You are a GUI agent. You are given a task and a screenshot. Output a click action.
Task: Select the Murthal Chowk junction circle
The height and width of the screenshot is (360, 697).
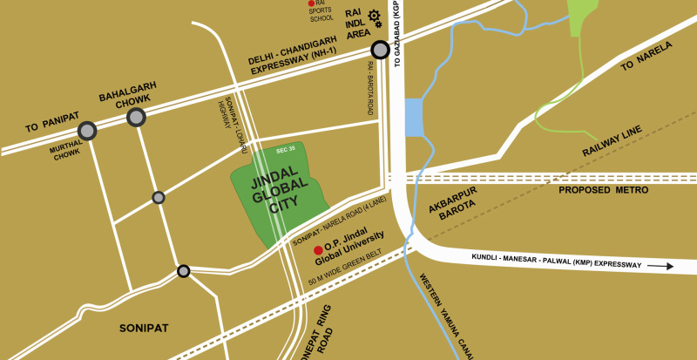[87, 132]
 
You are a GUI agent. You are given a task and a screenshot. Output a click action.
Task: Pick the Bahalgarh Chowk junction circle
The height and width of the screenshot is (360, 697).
[136, 118]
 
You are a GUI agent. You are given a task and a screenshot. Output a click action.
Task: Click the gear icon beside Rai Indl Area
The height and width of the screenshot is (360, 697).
[375, 16]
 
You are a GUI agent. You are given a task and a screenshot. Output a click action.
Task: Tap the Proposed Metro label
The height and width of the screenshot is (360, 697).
[603, 189]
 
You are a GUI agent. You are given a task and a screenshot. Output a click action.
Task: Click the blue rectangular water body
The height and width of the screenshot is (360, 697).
[413, 117]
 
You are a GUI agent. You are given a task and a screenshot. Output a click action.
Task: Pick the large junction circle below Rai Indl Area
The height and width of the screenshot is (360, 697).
[379, 50]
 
